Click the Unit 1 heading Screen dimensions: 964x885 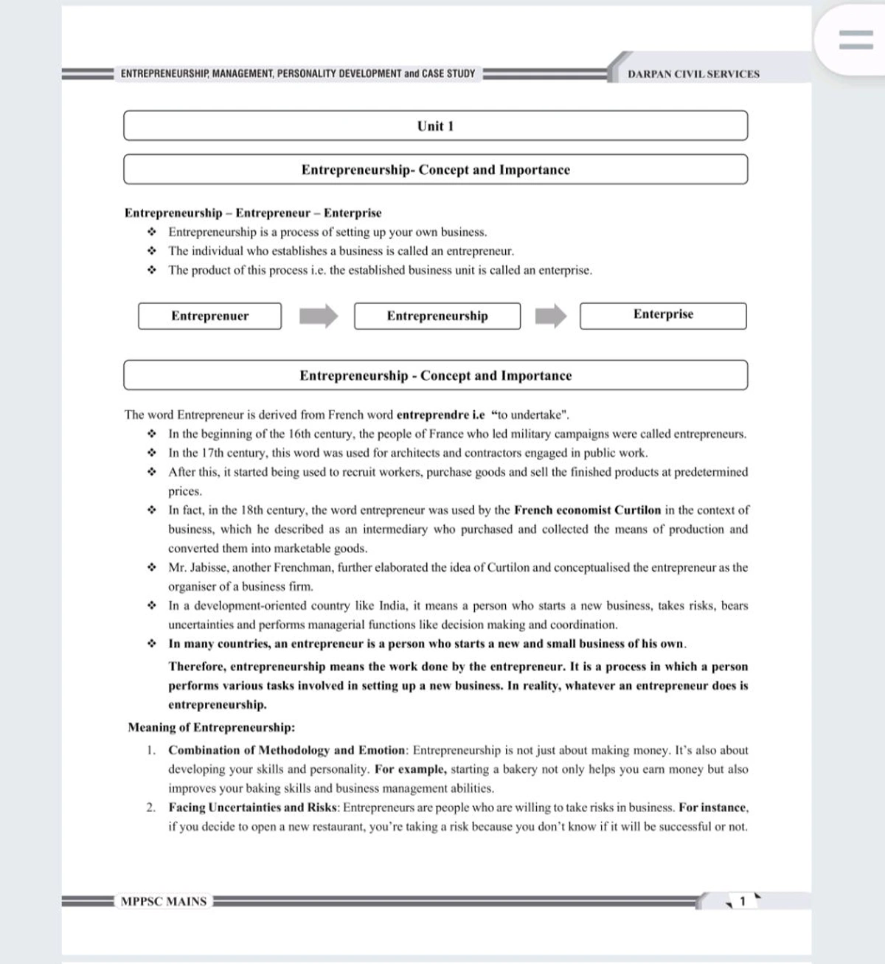pyautogui.click(x=435, y=126)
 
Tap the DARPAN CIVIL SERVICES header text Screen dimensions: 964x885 pyautogui.click(x=693, y=74)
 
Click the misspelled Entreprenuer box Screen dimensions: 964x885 pyautogui.click(x=209, y=316)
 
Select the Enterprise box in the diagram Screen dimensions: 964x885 pyautogui.click(x=663, y=315)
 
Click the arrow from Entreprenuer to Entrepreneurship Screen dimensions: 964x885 pyautogui.click(x=319, y=316)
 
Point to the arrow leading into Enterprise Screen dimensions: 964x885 pyautogui.click(x=551, y=316)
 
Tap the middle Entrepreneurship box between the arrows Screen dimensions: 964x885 pyautogui.click(x=437, y=316)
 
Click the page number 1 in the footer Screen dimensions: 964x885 pyautogui.click(x=743, y=901)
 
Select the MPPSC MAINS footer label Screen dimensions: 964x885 pyautogui.click(x=164, y=901)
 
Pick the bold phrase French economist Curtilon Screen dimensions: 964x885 pyautogui.click(x=587, y=510)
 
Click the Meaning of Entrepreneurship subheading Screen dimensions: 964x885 pyautogui.click(x=211, y=727)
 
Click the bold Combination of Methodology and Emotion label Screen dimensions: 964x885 pyautogui.click(x=287, y=750)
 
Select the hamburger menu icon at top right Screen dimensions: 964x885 pyautogui.click(x=855, y=39)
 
